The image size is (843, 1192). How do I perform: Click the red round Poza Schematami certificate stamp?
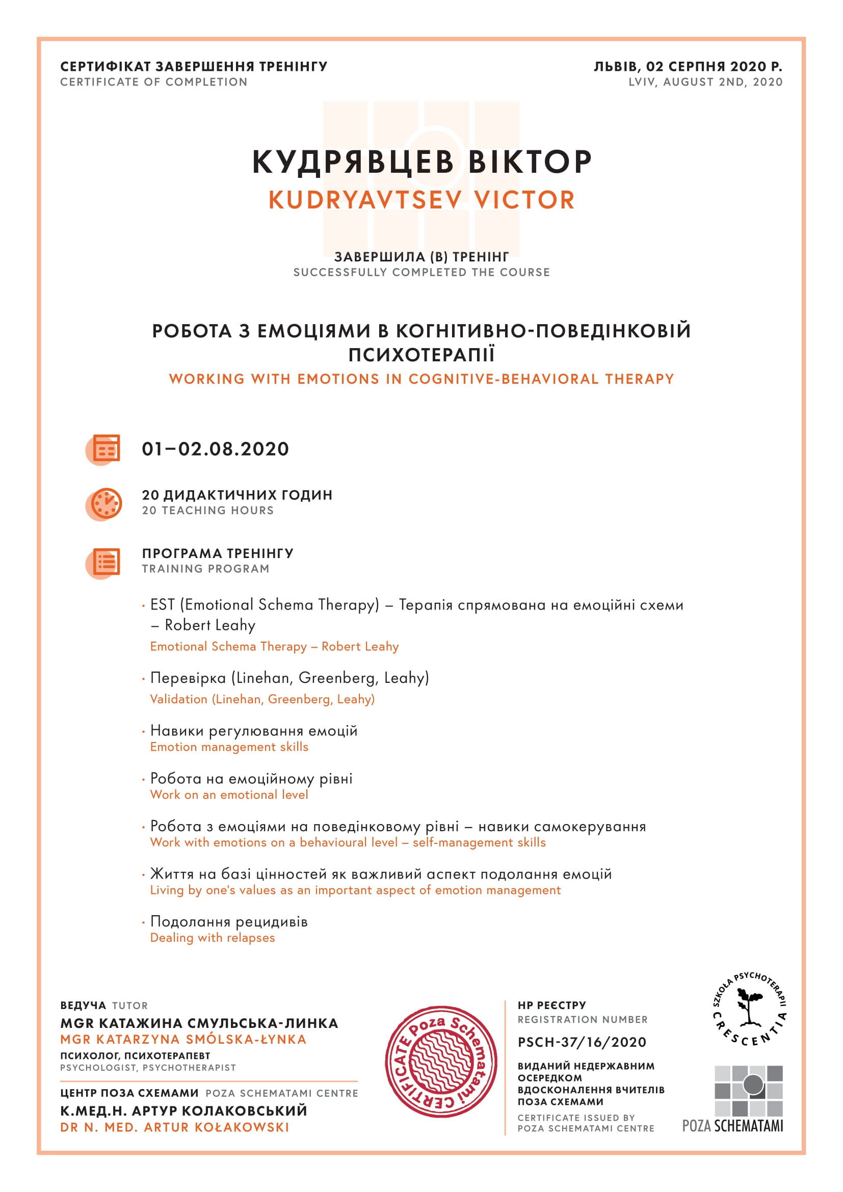441,1062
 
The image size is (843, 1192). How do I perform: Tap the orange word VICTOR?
524,200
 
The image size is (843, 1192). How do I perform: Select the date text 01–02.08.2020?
216,449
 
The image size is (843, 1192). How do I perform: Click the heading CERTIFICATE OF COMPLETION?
153,82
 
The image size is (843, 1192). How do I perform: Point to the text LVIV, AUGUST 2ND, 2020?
705,82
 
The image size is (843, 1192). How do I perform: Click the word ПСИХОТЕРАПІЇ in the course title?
422,355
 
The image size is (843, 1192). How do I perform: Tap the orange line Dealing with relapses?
213,938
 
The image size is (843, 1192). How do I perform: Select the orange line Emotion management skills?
229,747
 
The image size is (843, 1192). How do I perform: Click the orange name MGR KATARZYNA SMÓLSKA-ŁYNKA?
183,1039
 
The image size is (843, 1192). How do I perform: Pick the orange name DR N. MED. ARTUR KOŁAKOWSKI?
174,1127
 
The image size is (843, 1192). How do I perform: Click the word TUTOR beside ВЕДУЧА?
130,1005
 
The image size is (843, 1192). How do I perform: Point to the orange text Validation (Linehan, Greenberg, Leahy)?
262,699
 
